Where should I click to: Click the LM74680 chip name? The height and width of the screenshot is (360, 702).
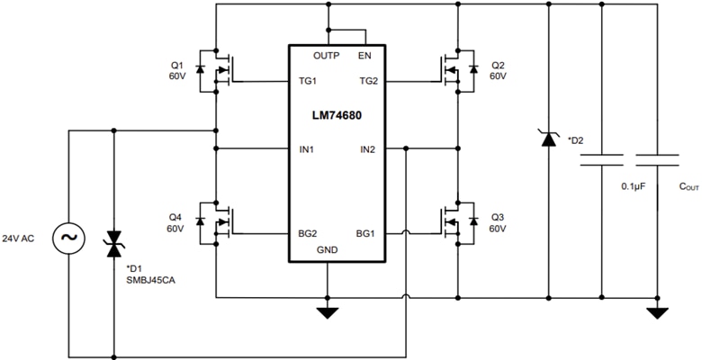337,117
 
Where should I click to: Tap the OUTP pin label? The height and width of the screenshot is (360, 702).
327,56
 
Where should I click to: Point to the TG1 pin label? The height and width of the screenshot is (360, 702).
308,80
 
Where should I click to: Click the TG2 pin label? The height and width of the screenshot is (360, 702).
367,80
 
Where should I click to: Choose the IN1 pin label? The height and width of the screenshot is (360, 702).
307,148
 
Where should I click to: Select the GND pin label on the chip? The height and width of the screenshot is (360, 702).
328,250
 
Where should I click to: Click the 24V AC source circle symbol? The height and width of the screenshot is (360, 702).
69,238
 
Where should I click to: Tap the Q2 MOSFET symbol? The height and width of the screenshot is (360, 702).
457,70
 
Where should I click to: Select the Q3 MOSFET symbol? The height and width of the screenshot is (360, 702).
457,221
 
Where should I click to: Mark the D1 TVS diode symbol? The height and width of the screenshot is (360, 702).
113,240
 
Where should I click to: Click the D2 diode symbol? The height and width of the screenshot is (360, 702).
548,139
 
